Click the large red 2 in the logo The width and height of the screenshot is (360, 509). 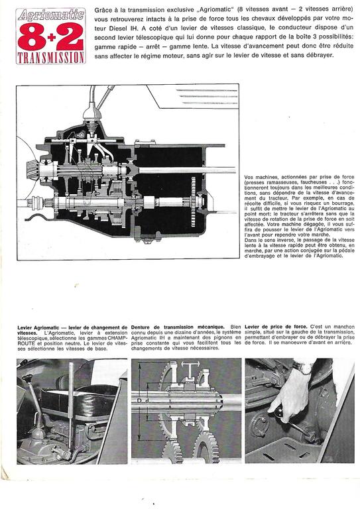pyautogui.click(x=70, y=36)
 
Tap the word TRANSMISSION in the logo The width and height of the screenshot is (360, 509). pyautogui.click(x=51, y=58)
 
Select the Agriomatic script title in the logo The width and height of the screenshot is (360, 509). pyautogui.click(x=51, y=15)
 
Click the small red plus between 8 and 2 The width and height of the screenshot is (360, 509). pyautogui.click(x=51, y=38)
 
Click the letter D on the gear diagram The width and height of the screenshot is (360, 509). pyautogui.click(x=139, y=401)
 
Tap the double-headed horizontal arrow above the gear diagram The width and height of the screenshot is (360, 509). pyautogui.click(x=190, y=365)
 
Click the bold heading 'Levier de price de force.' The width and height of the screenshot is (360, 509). pyautogui.click(x=276, y=327)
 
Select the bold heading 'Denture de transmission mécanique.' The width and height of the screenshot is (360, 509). pyautogui.click(x=178, y=327)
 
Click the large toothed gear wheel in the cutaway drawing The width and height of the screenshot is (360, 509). pyautogui.click(x=194, y=201)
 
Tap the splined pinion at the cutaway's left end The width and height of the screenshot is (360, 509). pyautogui.click(x=32, y=170)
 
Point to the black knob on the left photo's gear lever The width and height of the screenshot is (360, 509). pyautogui.click(x=27, y=378)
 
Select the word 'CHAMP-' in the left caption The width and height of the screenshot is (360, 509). pyautogui.click(x=117, y=338)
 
